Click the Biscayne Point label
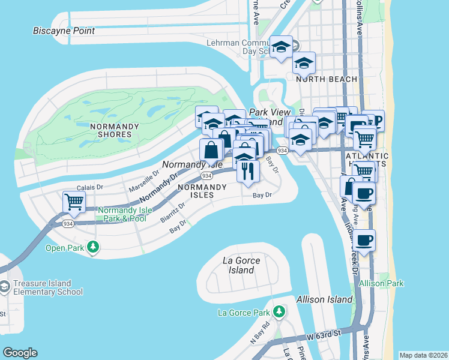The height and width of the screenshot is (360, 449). tap(64, 31)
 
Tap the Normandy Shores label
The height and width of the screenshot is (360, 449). tap(114, 130)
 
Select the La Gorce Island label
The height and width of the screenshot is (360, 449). tap(238, 265)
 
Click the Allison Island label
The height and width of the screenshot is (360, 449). tap(324, 299)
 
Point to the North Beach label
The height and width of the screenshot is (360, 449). tap(326, 79)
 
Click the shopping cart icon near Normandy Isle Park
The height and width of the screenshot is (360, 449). tap(74, 202)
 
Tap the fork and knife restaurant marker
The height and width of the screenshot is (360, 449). tap(247, 171)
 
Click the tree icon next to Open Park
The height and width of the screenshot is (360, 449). tap(92, 247)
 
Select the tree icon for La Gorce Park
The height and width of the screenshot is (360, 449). tap(279, 312)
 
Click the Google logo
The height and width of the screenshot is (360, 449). tap(20, 353)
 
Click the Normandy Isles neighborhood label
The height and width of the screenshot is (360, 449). tap(202, 191)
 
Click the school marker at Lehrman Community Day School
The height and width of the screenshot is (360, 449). tap(281, 48)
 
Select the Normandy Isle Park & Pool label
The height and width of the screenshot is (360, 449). tap(122, 214)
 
